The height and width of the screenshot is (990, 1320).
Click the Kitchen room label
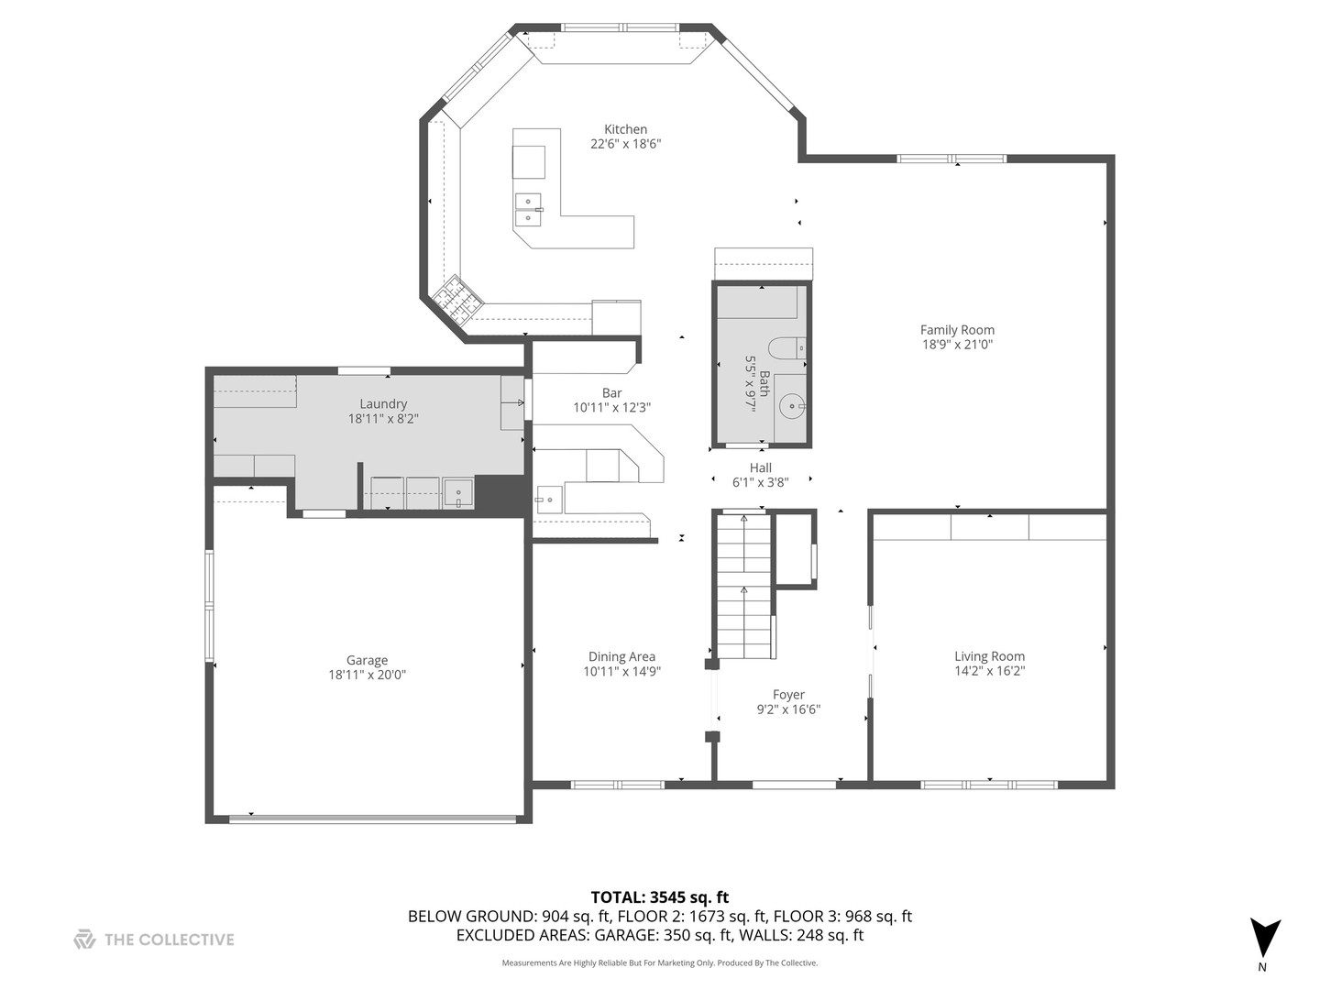(x=625, y=129)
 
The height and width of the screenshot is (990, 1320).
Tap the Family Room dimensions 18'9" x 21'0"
(x=957, y=345)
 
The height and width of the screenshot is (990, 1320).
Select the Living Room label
(x=989, y=656)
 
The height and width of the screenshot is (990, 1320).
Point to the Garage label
(x=367, y=660)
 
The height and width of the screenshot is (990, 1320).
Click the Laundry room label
(x=383, y=403)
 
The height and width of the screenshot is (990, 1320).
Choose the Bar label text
(x=611, y=393)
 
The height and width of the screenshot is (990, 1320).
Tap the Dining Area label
(x=621, y=656)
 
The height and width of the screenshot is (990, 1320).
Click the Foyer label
(x=788, y=695)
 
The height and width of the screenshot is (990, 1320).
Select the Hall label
(x=760, y=467)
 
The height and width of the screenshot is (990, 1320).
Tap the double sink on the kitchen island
(x=528, y=209)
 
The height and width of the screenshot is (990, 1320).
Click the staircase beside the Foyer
(x=744, y=587)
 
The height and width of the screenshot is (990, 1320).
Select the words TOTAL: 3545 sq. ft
(x=659, y=897)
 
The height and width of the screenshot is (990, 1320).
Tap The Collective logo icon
(x=84, y=939)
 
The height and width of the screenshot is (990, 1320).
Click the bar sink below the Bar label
(x=548, y=499)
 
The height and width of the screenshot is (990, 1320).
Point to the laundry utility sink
(x=457, y=493)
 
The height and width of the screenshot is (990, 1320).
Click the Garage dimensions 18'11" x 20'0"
(x=367, y=675)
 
